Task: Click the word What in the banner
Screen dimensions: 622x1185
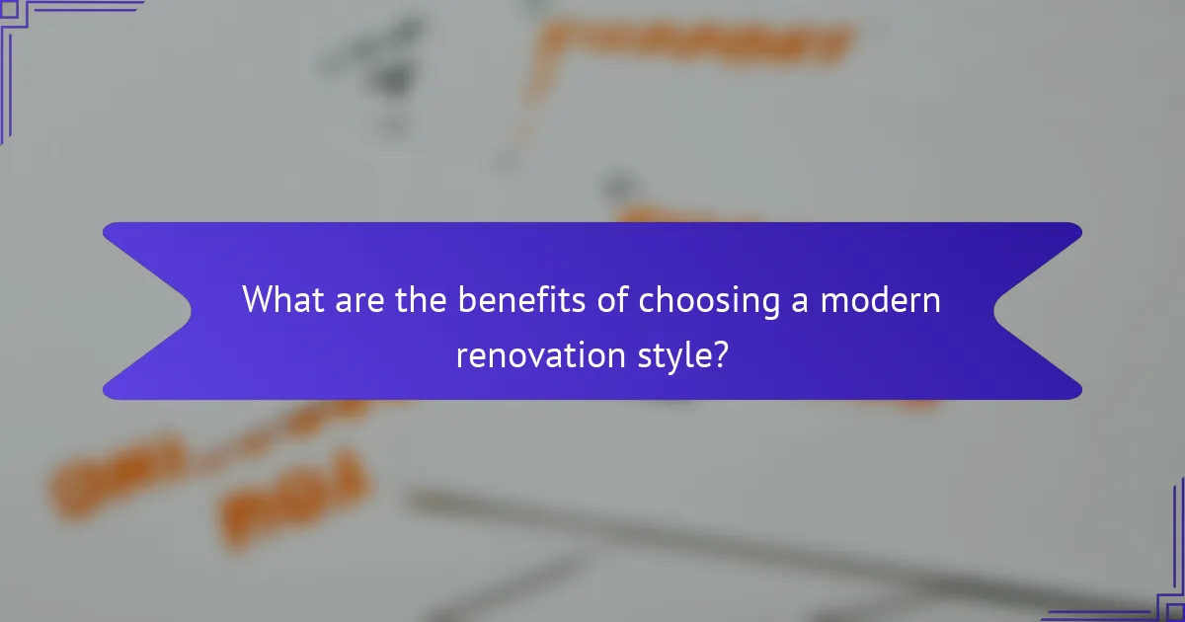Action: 280,299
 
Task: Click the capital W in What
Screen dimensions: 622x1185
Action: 258,299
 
